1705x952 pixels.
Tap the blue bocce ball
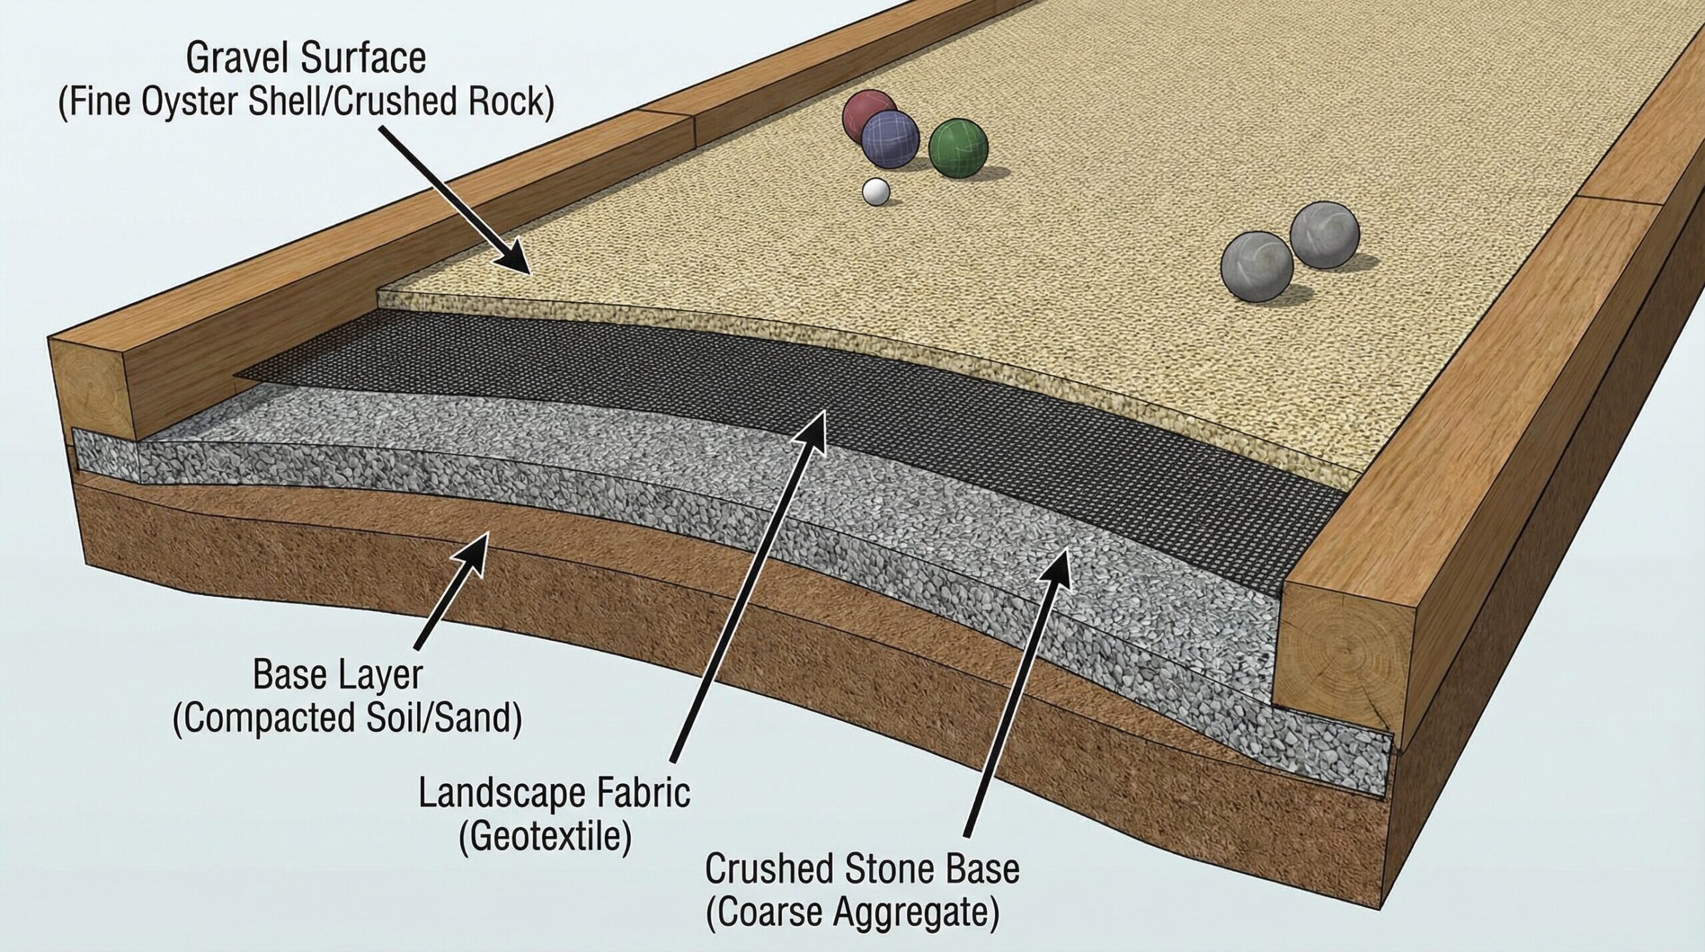(890, 141)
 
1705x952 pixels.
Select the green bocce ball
(958, 147)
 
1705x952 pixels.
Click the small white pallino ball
(876, 192)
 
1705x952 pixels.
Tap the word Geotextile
(545, 837)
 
